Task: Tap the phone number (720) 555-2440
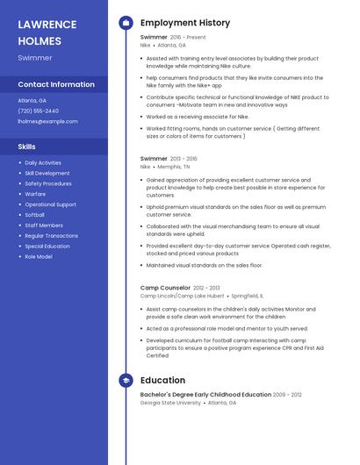[x=39, y=111]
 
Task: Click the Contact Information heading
[x=56, y=84]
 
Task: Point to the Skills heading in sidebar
[x=26, y=147]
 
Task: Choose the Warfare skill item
[x=36, y=194]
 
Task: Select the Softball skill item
[x=35, y=215]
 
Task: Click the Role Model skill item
[x=39, y=257]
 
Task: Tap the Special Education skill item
[x=47, y=247]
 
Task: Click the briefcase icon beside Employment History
[x=126, y=22]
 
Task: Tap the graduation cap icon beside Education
[x=126, y=381]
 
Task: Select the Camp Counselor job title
[x=165, y=288]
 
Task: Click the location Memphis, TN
[x=174, y=166]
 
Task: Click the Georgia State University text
[x=169, y=403]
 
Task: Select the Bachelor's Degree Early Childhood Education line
[x=205, y=396]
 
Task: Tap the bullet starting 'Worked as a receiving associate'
[x=198, y=116]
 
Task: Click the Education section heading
[x=162, y=381]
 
